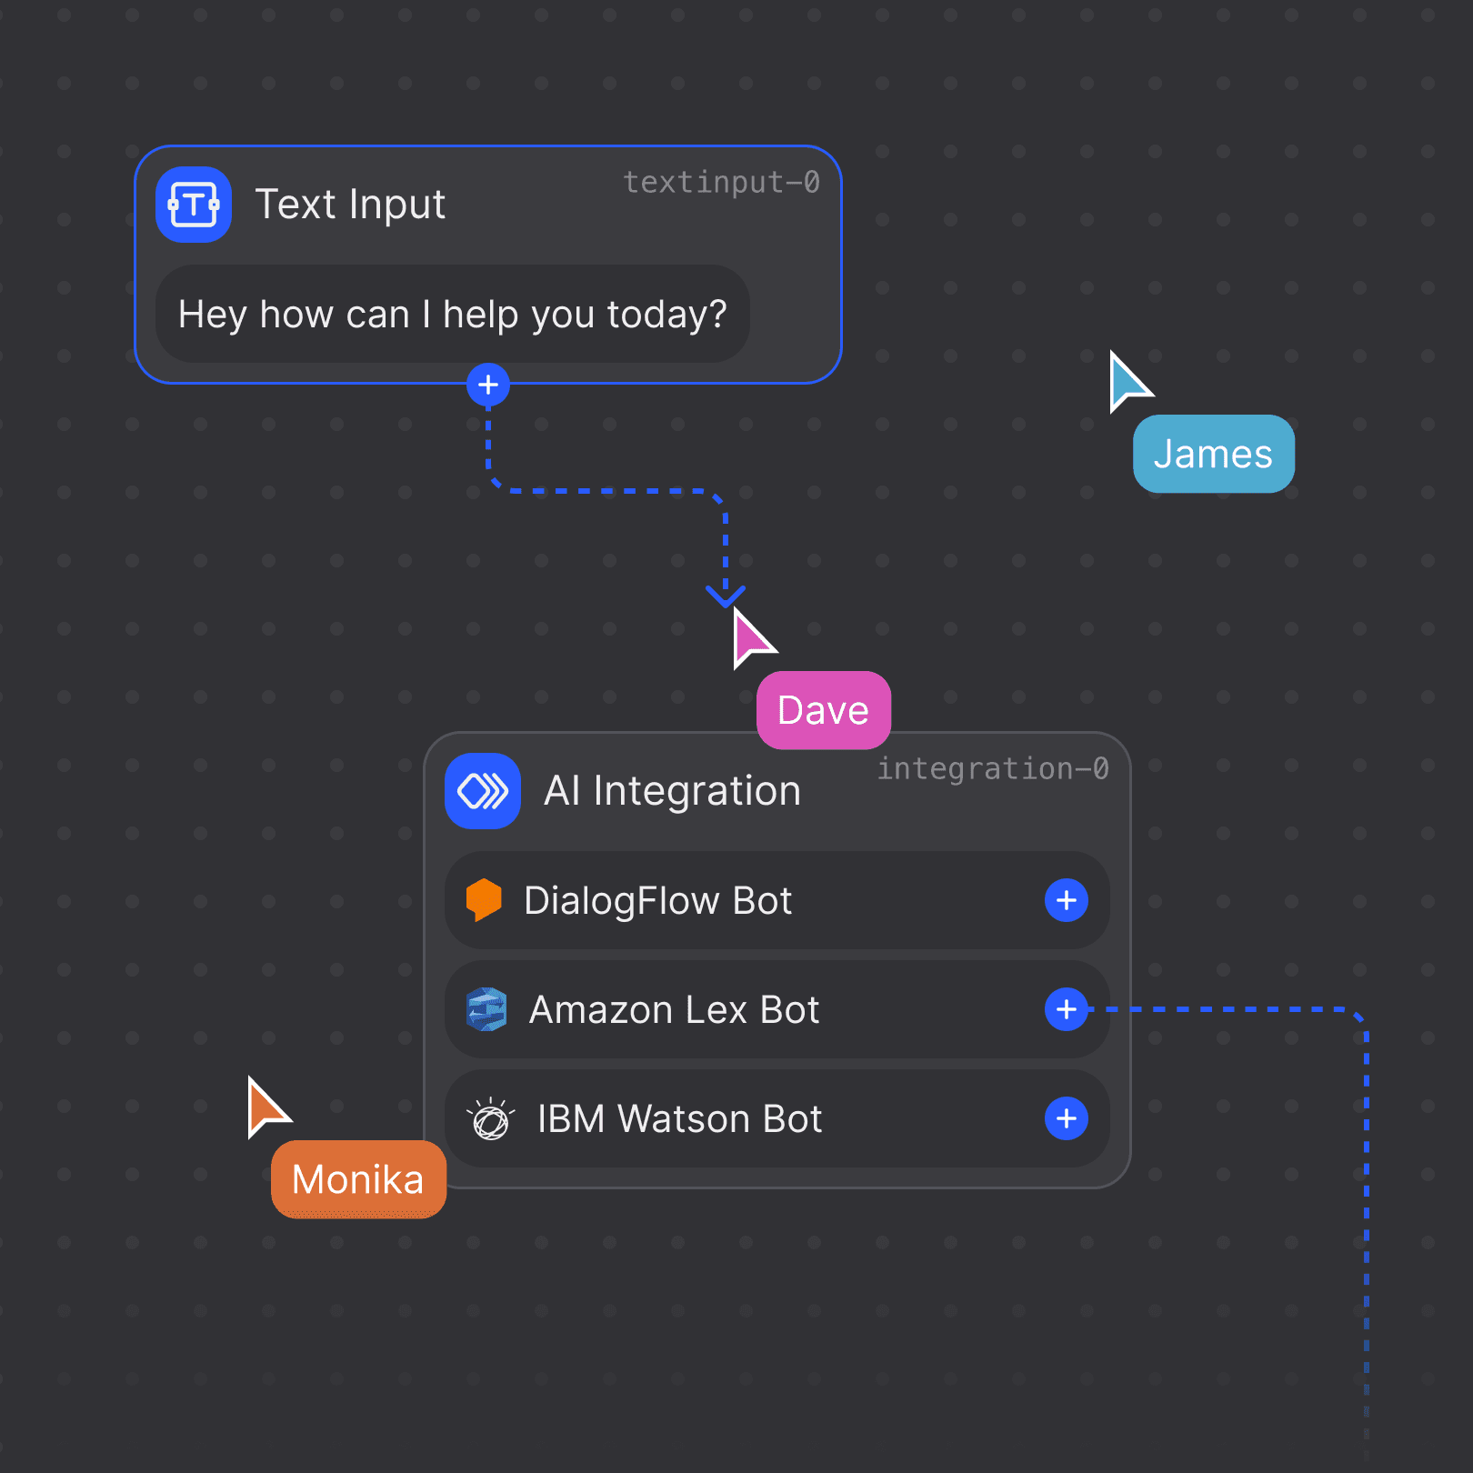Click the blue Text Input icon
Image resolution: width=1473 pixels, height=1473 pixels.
[x=194, y=205]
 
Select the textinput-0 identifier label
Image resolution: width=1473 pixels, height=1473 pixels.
[x=721, y=183]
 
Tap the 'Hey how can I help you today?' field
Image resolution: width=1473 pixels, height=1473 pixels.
[x=452, y=315]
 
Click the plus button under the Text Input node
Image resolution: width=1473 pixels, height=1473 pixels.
[x=488, y=386]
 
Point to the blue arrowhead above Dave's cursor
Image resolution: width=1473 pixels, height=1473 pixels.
[x=726, y=596]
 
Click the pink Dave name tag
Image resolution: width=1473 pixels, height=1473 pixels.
[x=823, y=710]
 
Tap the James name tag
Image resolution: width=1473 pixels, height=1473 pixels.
[x=1213, y=454]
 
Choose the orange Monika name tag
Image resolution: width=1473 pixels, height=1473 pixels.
[x=358, y=1179]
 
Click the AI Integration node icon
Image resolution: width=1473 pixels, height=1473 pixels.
[x=483, y=791]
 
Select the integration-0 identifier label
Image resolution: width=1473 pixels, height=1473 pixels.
[x=992, y=769]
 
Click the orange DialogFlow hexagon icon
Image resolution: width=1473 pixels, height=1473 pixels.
[x=484, y=900]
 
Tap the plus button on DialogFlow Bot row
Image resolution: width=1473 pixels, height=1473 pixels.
[x=1067, y=900]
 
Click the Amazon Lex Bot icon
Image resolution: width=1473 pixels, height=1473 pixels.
[x=486, y=1009]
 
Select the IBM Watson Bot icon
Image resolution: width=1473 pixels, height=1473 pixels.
[x=490, y=1118]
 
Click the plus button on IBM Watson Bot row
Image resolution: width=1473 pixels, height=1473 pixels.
[x=1067, y=1118]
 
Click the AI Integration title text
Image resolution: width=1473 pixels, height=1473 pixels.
[x=672, y=791]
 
